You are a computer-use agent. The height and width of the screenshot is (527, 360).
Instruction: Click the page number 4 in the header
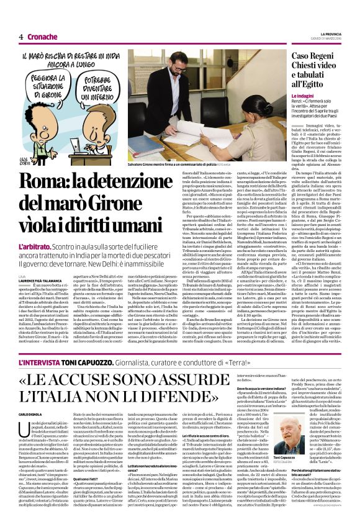[x=20, y=37]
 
